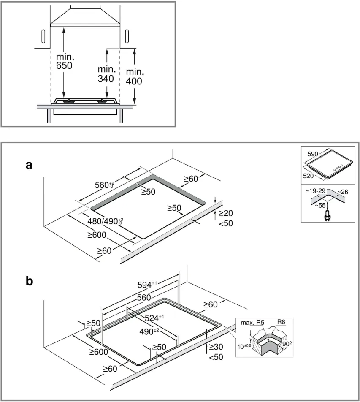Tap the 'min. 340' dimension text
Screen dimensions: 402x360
[x=106, y=73]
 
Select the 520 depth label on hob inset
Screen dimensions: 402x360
[x=309, y=175]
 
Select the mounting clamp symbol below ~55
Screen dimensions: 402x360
[x=326, y=216]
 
